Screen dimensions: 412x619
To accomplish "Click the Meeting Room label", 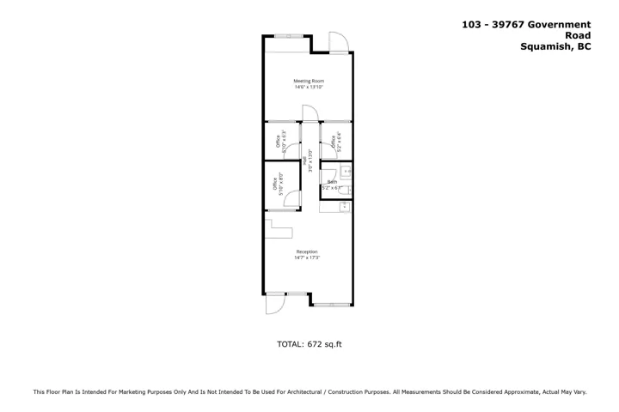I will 309,81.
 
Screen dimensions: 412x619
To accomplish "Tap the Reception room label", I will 307,251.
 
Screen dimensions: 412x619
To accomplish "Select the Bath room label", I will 331,182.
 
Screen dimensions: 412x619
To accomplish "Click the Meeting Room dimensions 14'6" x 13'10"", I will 309,87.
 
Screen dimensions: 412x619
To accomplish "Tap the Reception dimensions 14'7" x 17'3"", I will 307,257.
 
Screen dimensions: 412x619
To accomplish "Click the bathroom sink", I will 347,173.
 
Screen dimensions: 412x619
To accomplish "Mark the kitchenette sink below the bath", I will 345,206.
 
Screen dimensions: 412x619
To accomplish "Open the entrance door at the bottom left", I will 275,305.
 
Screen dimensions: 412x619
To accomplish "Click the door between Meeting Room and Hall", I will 309,114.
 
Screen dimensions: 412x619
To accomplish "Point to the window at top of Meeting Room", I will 286,35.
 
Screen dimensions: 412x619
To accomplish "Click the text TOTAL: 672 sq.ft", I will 309,344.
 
